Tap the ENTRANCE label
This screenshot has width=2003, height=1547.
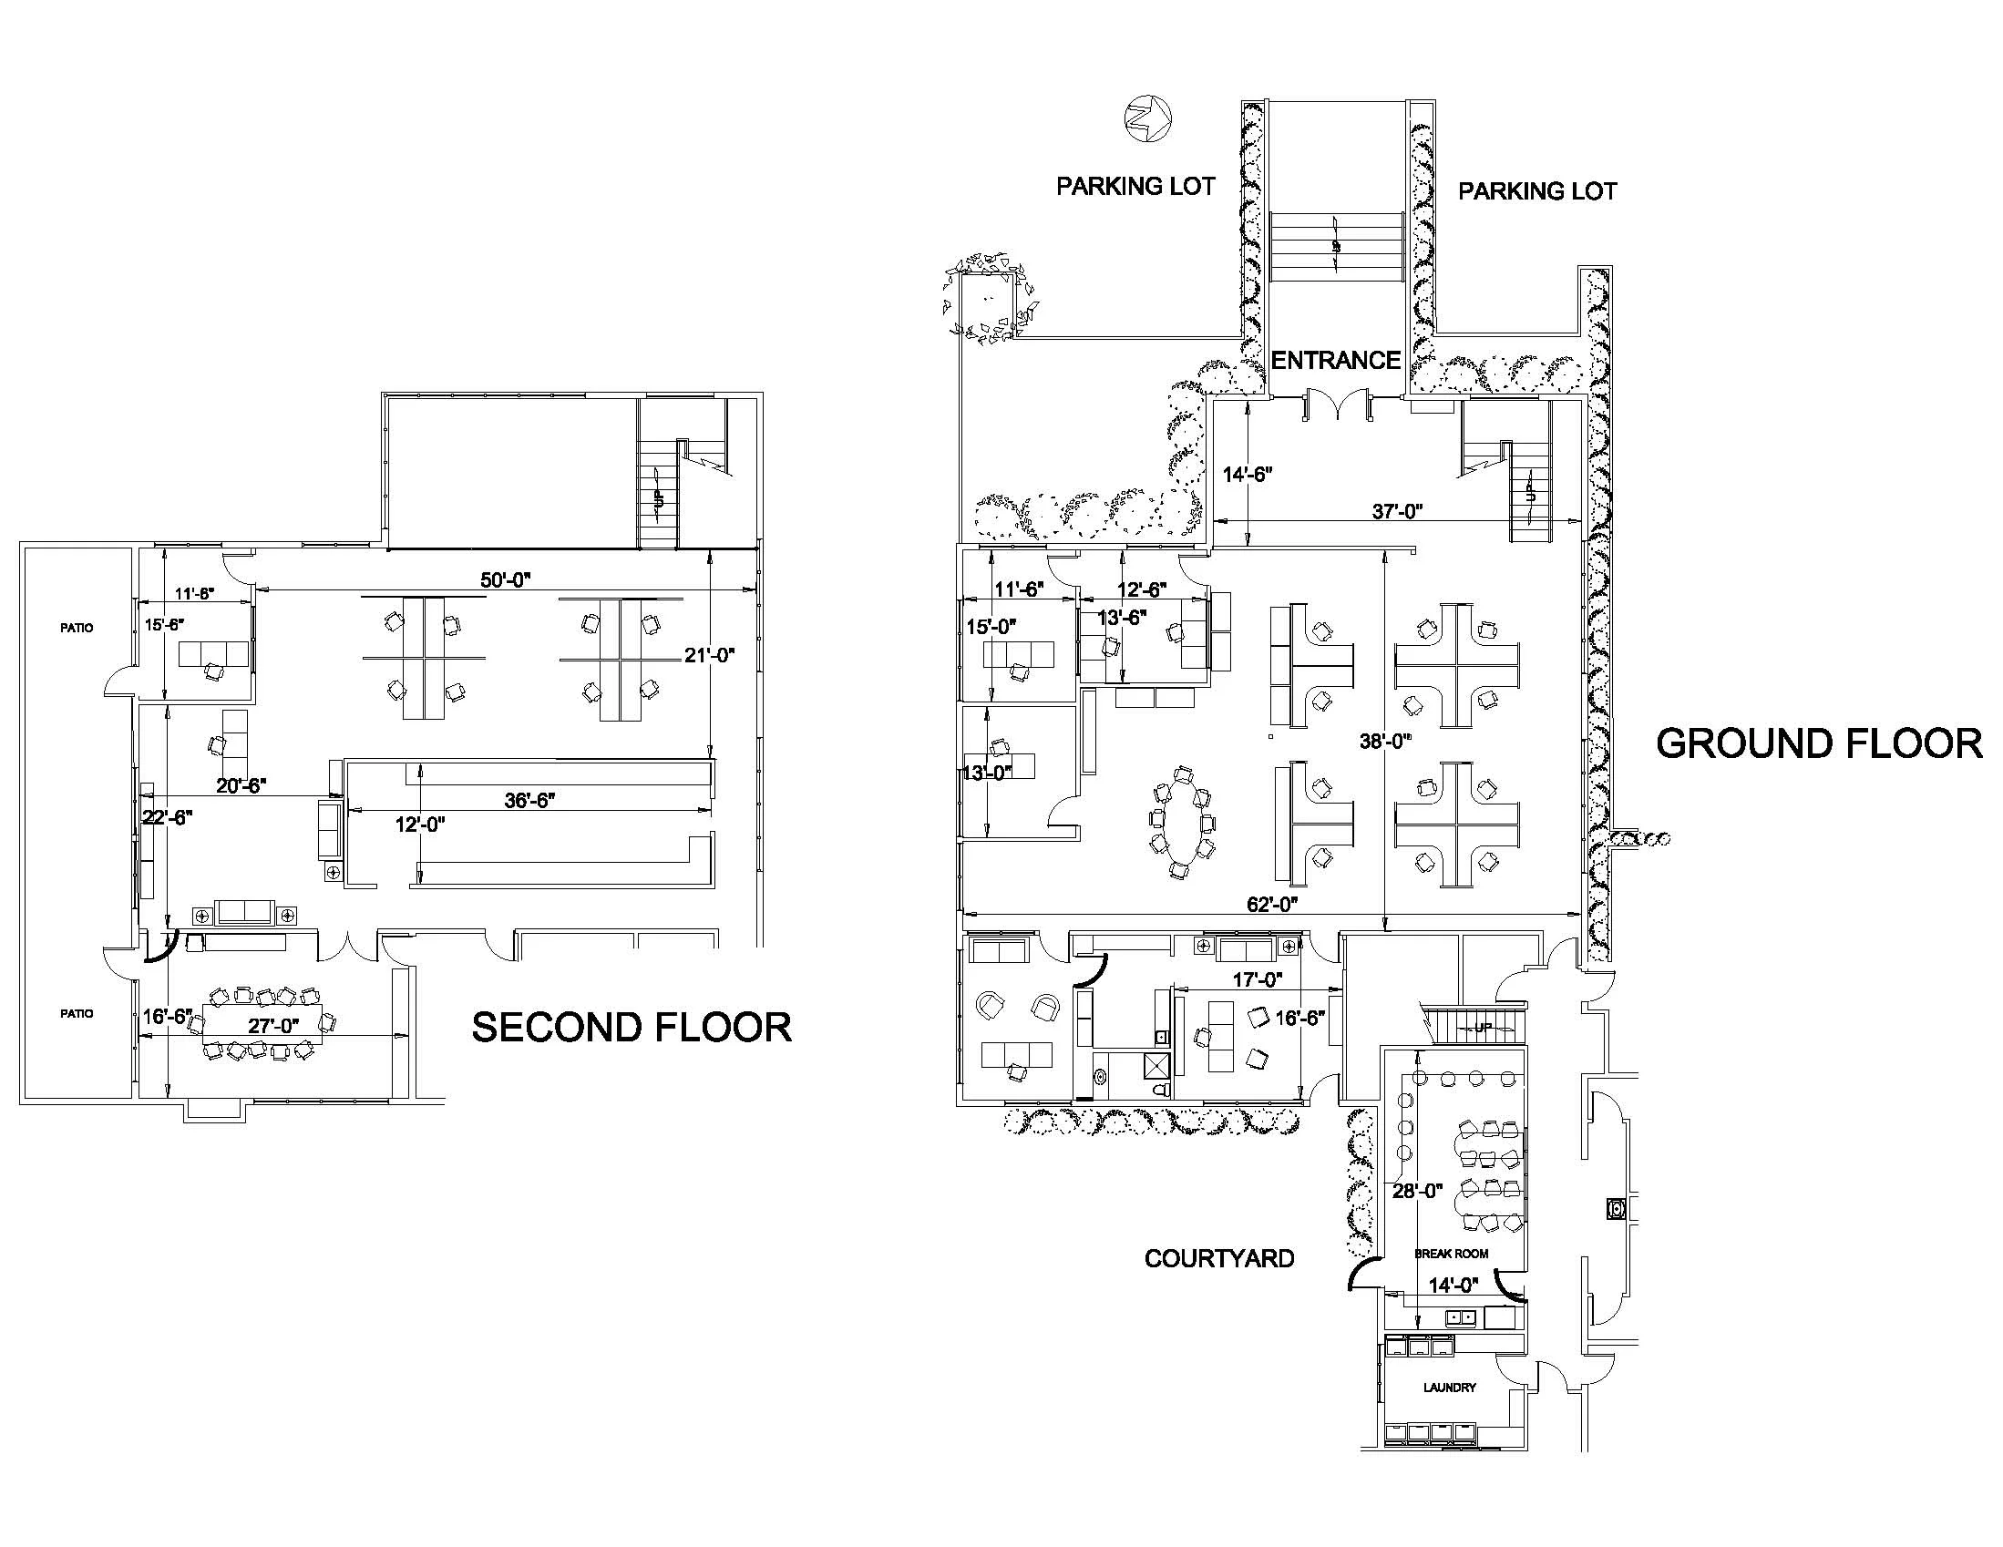click(x=1335, y=361)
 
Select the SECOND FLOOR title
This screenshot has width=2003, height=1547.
click(x=632, y=1027)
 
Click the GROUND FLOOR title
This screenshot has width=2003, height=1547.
click(x=1820, y=743)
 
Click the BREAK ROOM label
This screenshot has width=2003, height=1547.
click(x=1451, y=1254)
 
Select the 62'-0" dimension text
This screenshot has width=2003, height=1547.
click(x=1271, y=904)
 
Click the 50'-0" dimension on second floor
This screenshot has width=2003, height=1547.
click(x=507, y=579)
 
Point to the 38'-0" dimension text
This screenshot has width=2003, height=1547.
click(x=1385, y=740)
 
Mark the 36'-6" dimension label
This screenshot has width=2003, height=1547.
click(x=530, y=800)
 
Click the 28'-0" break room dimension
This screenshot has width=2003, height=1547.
click(x=1418, y=1191)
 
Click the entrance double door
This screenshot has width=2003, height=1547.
click(x=1337, y=405)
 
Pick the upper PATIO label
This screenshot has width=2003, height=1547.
click(x=77, y=628)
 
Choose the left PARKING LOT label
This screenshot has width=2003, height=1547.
click(x=1135, y=187)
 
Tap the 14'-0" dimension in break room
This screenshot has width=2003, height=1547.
click(x=1453, y=1286)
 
